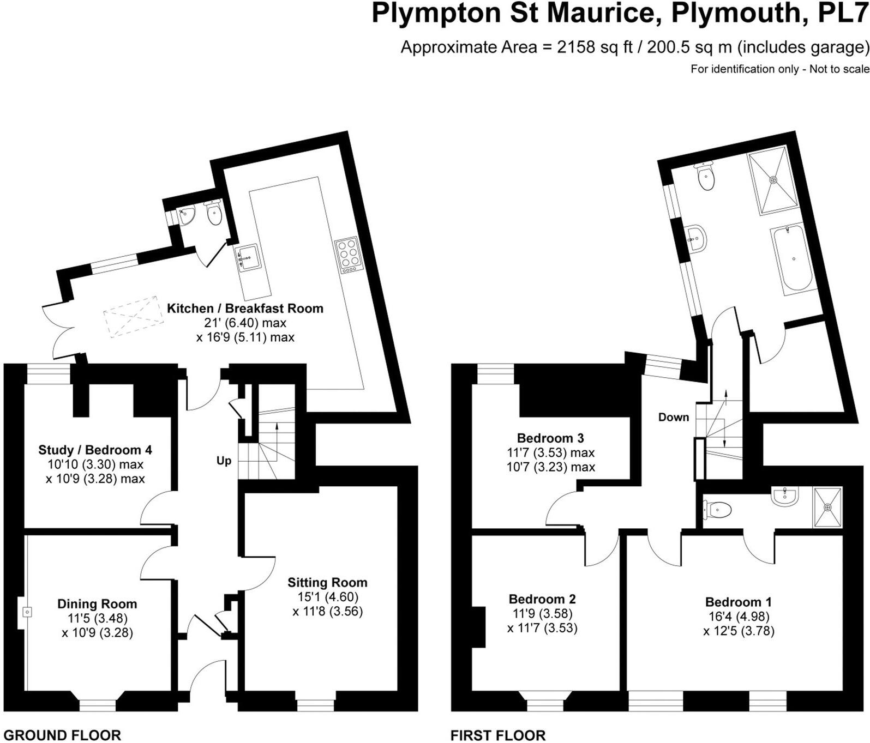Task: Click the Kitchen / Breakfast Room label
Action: [x=245, y=309]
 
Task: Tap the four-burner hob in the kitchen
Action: [x=348, y=254]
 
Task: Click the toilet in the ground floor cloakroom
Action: [x=214, y=214]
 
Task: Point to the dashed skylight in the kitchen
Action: [x=133, y=316]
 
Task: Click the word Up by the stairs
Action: [x=224, y=461]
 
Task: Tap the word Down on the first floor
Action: [x=673, y=418]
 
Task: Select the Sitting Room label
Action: [x=327, y=583]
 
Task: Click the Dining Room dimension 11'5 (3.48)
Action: [x=97, y=619]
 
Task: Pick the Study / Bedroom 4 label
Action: [x=95, y=450]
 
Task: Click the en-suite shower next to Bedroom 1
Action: [x=827, y=507]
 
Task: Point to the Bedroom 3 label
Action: [x=550, y=438]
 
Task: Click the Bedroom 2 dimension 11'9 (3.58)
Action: [x=542, y=614]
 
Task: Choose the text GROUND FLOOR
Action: [x=62, y=735]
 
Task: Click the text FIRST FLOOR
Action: [x=497, y=735]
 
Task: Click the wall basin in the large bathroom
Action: [x=697, y=238]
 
